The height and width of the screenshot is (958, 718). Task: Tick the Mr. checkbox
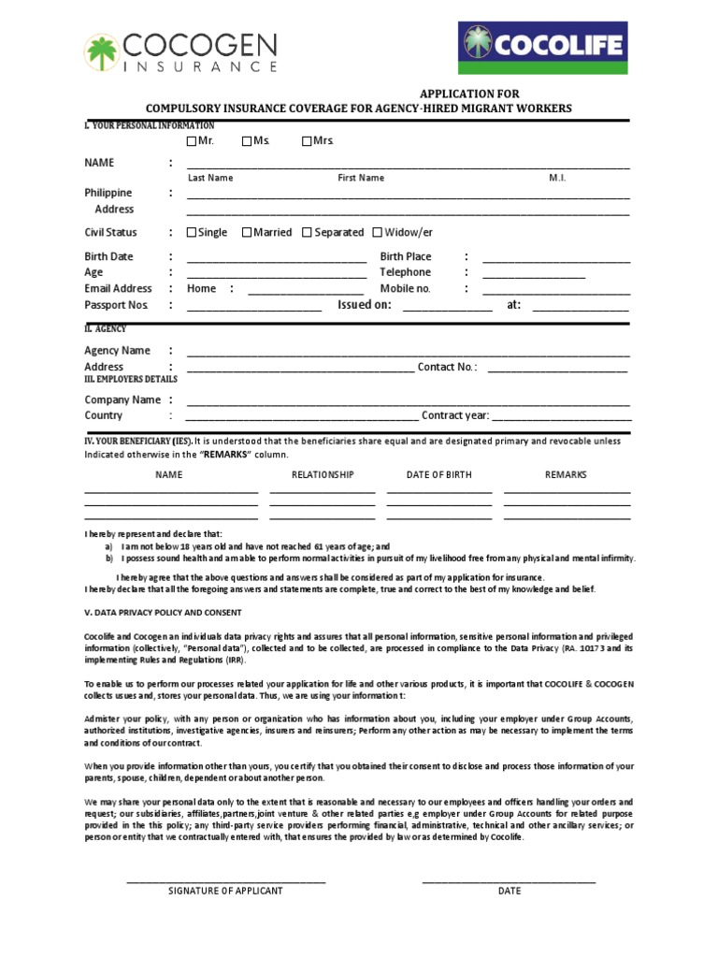[192, 141]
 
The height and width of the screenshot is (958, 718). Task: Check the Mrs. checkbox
[307, 141]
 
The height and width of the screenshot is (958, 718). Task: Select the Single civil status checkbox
[192, 233]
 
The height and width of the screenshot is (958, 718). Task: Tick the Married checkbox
[247, 233]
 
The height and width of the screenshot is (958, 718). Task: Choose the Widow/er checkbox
[378, 233]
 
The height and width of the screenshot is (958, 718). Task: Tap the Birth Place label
[405, 256]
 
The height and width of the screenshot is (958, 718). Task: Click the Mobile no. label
[404, 288]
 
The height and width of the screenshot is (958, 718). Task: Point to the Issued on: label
[364, 305]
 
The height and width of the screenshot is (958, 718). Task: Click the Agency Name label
[117, 351]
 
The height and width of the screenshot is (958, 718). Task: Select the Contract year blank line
[561, 417]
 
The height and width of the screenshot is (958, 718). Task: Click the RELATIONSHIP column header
[323, 475]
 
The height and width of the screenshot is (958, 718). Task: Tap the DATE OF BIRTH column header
[438, 475]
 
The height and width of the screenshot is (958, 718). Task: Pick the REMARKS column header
[566, 475]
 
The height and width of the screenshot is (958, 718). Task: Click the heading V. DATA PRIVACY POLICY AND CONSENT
[163, 613]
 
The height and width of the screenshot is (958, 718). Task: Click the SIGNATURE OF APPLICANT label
[225, 892]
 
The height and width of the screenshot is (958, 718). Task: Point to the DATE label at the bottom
[509, 892]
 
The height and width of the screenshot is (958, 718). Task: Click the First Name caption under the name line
[360, 178]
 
